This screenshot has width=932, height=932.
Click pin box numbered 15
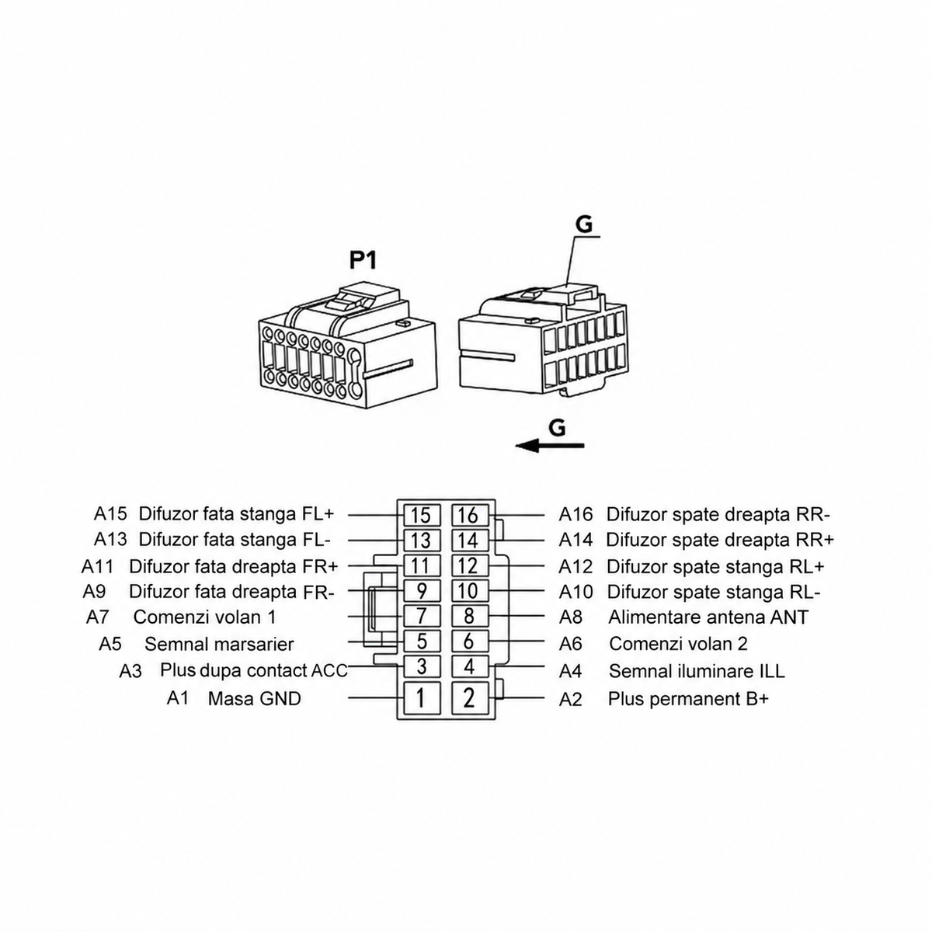(x=422, y=515)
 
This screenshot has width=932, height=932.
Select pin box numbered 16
(x=470, y=515)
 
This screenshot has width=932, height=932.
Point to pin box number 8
(x=470, y=616)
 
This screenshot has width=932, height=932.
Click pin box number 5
(x=422, y=642)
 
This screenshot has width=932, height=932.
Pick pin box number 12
(x=470, y=565)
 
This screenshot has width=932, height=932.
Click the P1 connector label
(x=363, y=261)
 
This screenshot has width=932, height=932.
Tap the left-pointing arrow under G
(x=550, y=446)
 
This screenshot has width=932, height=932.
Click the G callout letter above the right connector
(x=584, y=224)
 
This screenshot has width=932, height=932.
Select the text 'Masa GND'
(x=255, y=698)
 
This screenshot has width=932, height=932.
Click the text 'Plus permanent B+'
(x=688, y=699)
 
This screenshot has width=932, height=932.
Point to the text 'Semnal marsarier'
(x=219, y=644)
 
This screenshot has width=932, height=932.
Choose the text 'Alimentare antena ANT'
(x=708, y=617)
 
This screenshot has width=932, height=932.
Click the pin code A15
(x=110, y=513)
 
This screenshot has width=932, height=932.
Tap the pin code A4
(x=570, y=671)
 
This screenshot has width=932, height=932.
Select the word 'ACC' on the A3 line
(x=329, y=671)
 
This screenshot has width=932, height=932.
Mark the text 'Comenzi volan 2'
(x=678, y=644)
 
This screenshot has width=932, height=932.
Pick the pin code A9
(x=94, y=591)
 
